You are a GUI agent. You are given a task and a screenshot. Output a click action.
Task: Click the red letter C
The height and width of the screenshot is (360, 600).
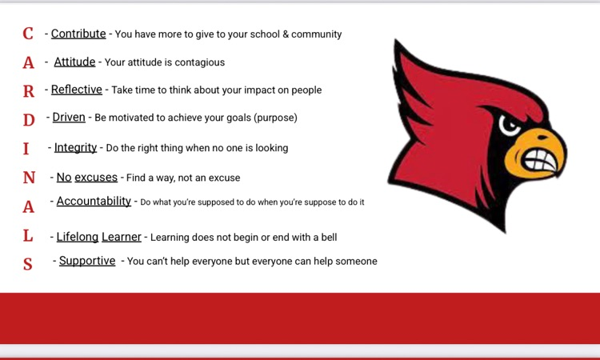coord(28,34)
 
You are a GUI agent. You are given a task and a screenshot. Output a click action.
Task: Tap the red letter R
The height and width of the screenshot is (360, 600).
coord(29,91)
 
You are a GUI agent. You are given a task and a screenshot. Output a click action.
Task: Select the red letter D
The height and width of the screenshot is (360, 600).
coord(29,120)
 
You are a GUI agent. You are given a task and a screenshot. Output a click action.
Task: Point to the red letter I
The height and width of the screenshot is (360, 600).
coord(26,149)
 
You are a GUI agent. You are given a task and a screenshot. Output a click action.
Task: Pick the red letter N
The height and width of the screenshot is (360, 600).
coord(29,178)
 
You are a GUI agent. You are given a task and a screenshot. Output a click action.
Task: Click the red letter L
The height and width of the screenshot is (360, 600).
coord(28,236)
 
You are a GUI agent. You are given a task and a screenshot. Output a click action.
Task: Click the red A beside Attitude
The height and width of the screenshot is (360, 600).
coord(29,62)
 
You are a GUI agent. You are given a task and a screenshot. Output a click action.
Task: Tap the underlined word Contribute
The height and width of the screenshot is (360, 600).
coord(78,34)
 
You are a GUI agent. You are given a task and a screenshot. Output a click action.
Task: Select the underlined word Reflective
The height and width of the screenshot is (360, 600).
coord(77,90)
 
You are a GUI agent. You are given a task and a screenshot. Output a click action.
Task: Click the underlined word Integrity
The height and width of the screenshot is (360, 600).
coord(75,147)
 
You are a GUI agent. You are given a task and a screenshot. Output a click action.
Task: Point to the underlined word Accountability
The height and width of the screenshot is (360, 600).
coord(94,202)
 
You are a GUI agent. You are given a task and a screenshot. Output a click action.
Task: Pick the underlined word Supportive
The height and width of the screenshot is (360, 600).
coord(87,261)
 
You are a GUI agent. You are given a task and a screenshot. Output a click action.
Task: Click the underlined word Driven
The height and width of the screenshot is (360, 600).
coord(69,118)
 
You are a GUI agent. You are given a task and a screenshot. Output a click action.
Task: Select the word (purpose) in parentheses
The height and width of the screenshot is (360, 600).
coord(271,118)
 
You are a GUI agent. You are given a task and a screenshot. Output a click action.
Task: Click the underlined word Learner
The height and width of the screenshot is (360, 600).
coord(122,237)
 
